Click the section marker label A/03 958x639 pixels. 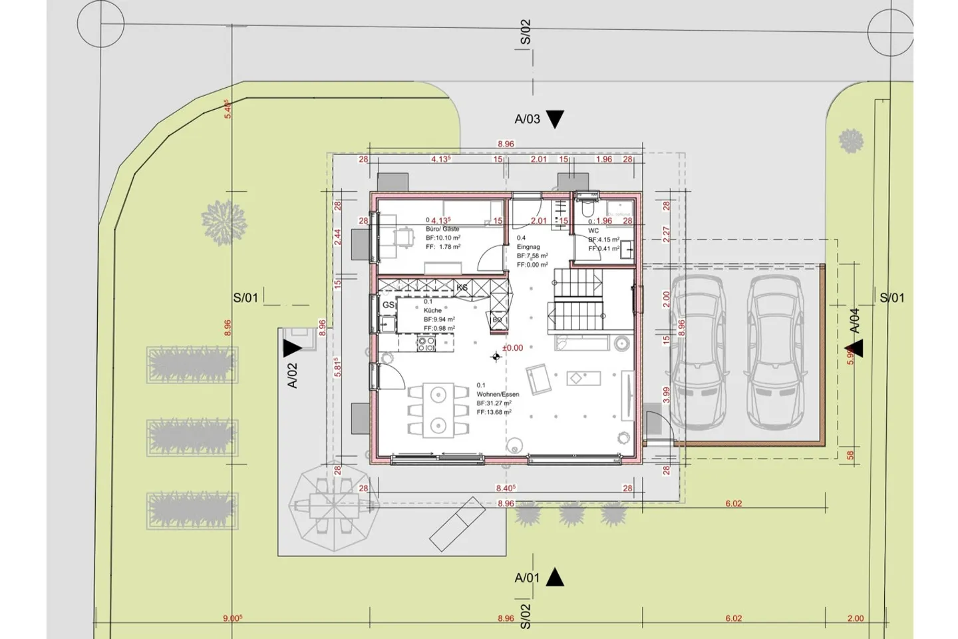tap(527, 119)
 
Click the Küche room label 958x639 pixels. tap(432, 310)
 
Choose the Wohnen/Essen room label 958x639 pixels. tap(498, 394)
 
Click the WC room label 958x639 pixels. tap(593, 231)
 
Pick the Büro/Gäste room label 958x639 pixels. tap(442, 229)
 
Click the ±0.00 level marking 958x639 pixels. tap(512, 348)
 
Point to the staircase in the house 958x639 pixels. tap(577, 304)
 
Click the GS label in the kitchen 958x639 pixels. tap(388, 305)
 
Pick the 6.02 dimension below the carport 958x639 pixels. tap(733, 504)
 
